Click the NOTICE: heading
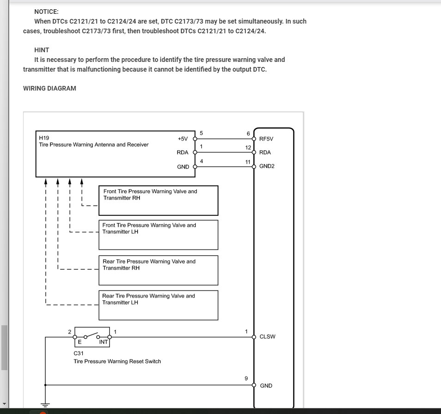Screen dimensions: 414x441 click(46, 12)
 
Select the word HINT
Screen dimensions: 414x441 click(42, 50)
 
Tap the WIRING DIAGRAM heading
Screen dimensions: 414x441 click(49, 88)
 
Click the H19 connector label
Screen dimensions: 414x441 click(44, 138)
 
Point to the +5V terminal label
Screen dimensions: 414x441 click(182, 139)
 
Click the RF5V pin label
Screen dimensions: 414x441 click(266, 139)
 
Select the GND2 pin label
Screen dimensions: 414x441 click(267, 166)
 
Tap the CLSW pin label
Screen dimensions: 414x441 click(267, 337)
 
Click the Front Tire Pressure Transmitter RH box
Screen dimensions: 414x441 click(158, 201)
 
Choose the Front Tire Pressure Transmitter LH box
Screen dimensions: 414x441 click(158, 235)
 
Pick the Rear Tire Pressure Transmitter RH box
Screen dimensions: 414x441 click(158, 270)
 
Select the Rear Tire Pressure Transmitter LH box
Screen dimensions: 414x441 click(158, 305)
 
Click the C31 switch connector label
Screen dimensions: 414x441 click(79, 353)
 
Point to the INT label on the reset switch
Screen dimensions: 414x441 click(103, 342)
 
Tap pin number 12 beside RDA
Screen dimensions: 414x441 click(248, 148)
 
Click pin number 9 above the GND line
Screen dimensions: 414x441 click(246, 378)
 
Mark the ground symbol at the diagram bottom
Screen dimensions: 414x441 click(45, 403)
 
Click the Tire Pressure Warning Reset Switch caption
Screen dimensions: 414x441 click(117, 361)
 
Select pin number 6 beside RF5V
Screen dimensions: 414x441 click(248, 134)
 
